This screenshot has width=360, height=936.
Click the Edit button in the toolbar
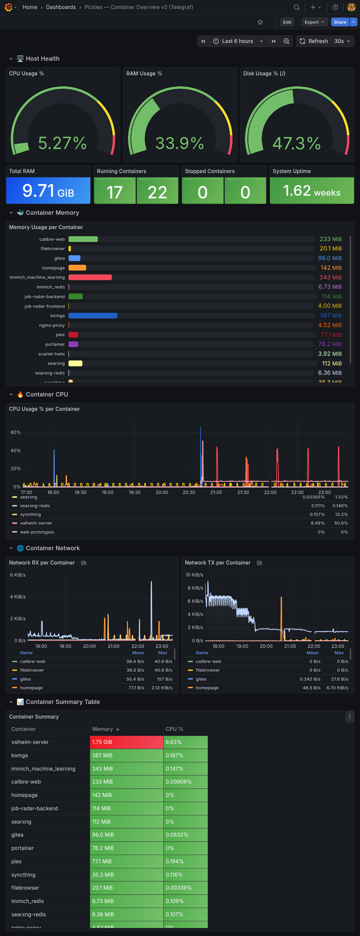pyautogui.click(x=287, y=22)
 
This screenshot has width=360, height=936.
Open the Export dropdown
pyautogui.click(x=314, y=22)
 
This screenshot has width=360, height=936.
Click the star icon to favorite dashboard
pyautogui.click(x=260, y=22)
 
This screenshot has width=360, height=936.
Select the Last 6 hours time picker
pyautogui.click(x=238, y=41)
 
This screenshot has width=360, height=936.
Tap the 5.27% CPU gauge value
pyautogui.click(x=62, y=143)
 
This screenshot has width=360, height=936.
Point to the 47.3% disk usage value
pyautogui.click(x=296, y=143)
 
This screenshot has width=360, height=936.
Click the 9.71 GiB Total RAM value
pyautogui.click(x=48, y=191)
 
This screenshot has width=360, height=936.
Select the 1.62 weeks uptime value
pyautogui.click(x=311, y=191)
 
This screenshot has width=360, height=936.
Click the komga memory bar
pyautogui.click(x=93, y=316)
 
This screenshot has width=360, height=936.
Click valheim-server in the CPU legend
pyautogui.click(x=36, y=523)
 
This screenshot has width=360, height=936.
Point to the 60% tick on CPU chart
pyautogui.click(x=16, y=432)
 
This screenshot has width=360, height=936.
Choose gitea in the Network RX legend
pyautogui.click(x=25, y=679)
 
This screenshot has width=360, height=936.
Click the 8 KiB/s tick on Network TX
pyautogui.click(x=195, y=588)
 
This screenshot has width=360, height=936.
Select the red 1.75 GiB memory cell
pyautogui.click(x=126, y=742)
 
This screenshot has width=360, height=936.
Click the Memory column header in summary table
pyautogui.click(x=102, y=729)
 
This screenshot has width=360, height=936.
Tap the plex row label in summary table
pyautogui.click(x=16, y=862)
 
